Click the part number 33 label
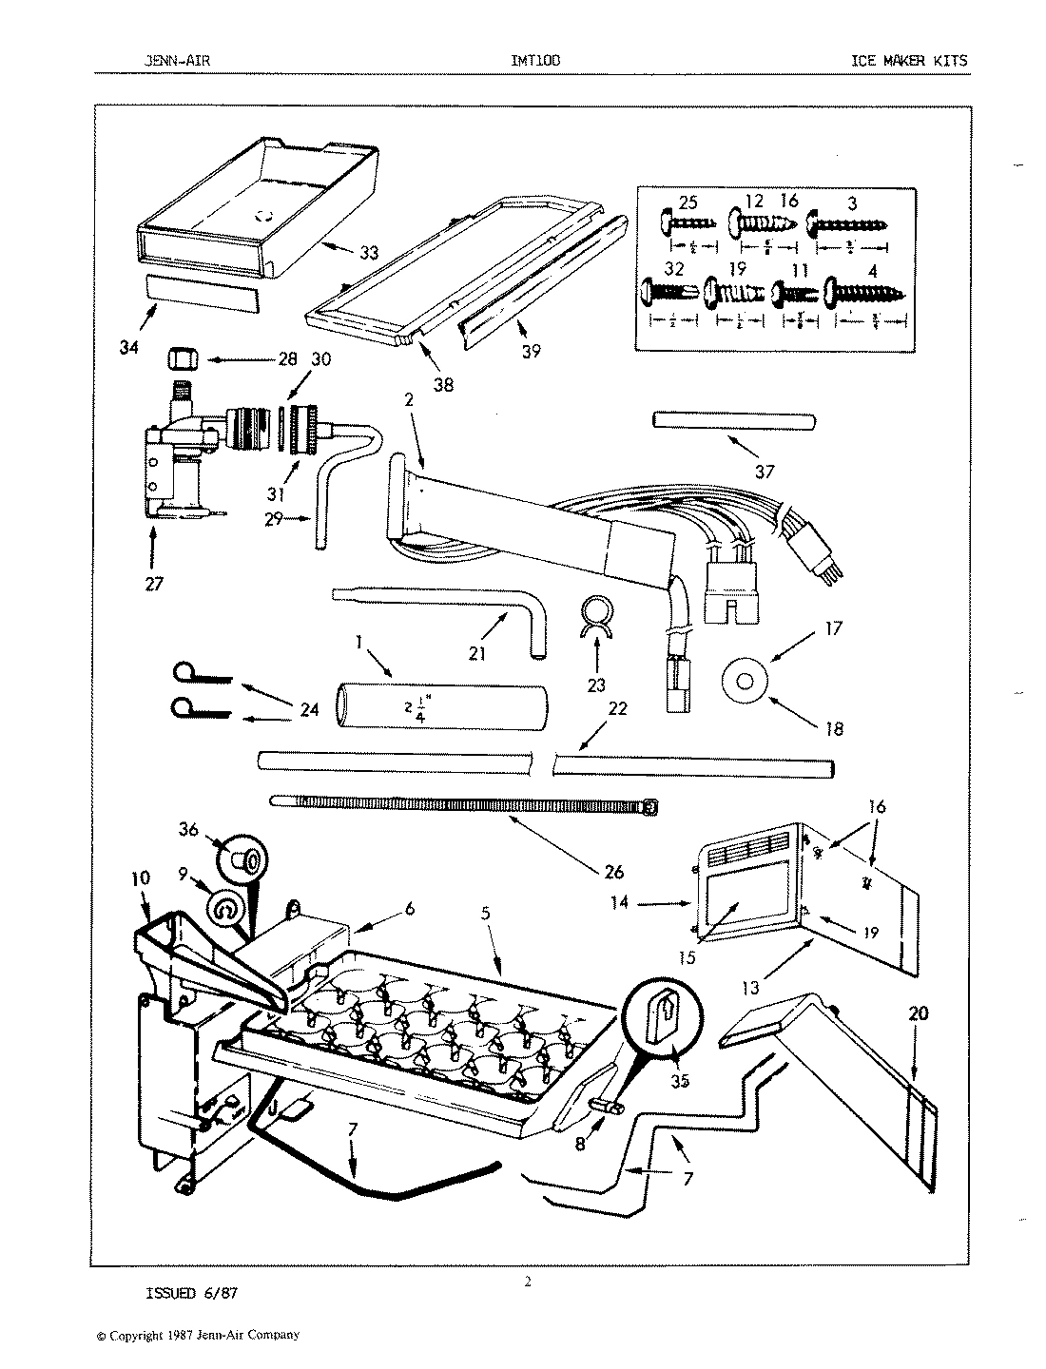pyautogui.click(x=368, y=253)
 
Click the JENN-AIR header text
pyautogui.click(x=171, y=61)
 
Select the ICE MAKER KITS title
pyautogui.click(x=909, y=61)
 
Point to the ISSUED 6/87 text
pyautogui.click(x=184, y=1293)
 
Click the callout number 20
pyautogui.click(x=919, y=1014)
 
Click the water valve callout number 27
pyautogui.click(x=154, y=584)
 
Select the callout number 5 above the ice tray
pyautogui.click(x=485, y=914)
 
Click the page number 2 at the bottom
pyautogui.click(x=528, y=1282)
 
